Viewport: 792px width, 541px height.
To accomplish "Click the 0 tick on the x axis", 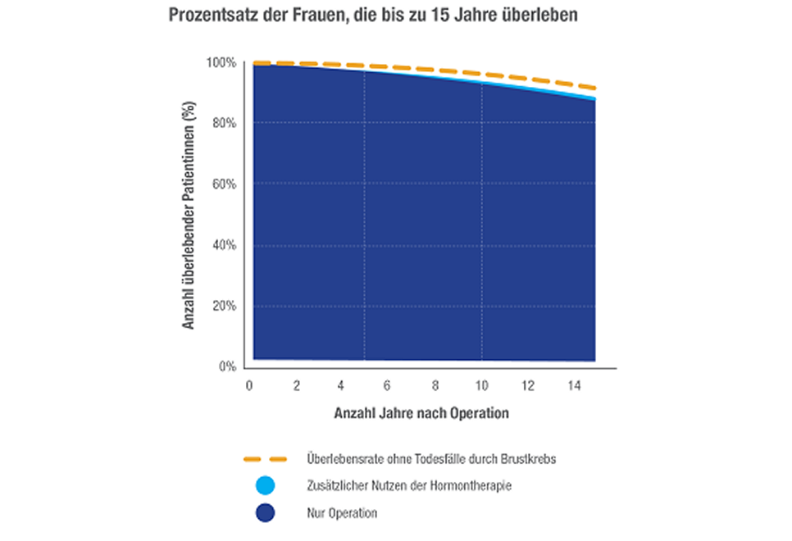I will pos(248,385).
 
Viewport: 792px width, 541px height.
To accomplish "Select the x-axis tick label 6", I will pos(386,385).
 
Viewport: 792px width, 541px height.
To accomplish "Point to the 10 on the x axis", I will pos(482,385).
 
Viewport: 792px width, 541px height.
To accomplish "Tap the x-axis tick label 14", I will pos(576,385).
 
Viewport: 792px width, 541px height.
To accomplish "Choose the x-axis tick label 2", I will pos(296,385).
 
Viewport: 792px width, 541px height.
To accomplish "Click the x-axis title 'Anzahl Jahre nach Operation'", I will pos(421,414).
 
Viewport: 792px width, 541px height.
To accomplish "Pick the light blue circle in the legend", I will pos(265,486).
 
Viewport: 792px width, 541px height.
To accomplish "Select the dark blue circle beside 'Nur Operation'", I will pos(265,513).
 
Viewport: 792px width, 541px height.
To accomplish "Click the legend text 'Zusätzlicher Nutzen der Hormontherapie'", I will pos(408,486).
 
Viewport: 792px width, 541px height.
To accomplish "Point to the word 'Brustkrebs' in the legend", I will pos(529,459).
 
